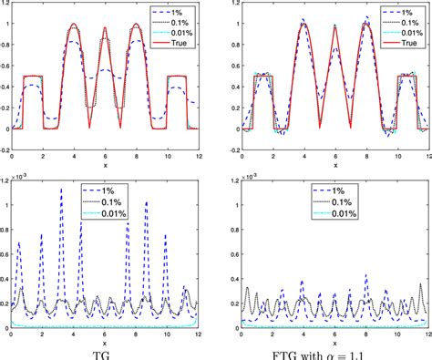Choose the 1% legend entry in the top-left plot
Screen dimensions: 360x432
pos(172,10)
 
